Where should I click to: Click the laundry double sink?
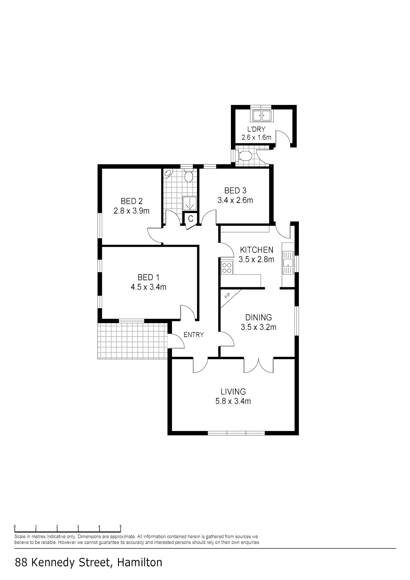261,115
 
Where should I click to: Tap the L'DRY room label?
256,129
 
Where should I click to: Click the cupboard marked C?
191,218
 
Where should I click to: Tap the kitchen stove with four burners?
227,268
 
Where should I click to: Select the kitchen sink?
288,262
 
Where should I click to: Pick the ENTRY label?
194,335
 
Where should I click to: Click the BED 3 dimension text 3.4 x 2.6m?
235,200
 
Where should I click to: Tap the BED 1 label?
148,277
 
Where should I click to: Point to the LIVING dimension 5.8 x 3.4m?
233,401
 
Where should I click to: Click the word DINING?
259,317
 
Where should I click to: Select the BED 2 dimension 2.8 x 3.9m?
131,211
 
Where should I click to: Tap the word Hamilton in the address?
140,563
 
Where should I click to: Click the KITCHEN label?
257,250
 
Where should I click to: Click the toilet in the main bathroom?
188,177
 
